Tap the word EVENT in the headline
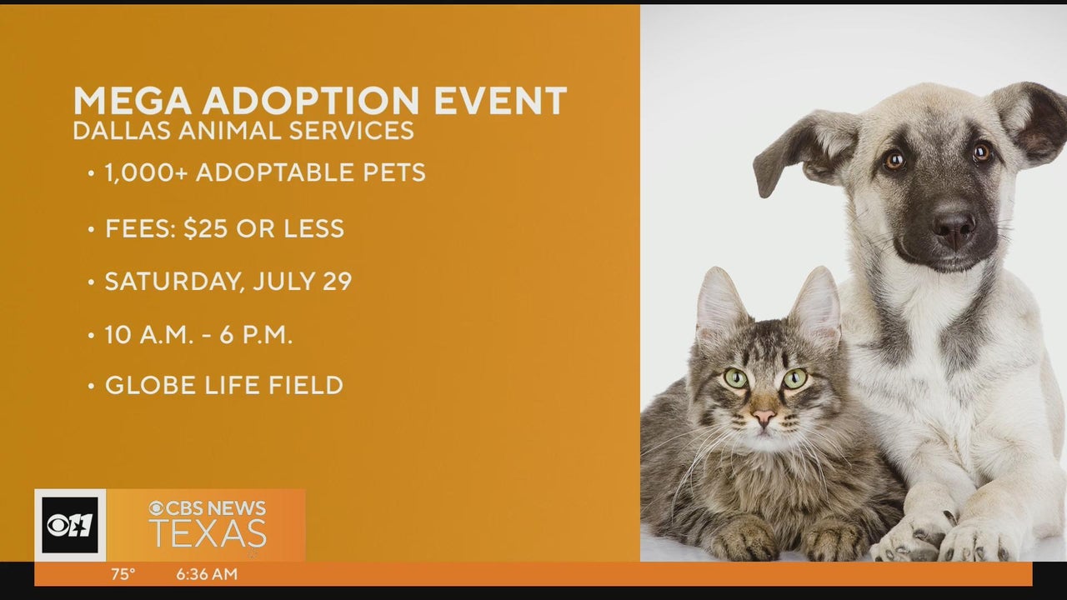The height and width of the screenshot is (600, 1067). coord(500,101)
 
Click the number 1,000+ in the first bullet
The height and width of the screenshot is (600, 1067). coord(146,172)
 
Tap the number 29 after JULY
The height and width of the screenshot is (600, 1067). coord(338,281)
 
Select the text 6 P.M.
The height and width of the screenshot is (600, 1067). coord(256,335)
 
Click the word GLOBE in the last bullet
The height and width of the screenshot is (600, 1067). coord(151,385)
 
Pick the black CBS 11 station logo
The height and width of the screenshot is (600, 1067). coord(70,525)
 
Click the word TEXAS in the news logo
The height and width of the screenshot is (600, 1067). coord(208,533)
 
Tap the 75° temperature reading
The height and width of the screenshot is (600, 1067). coord(123,574)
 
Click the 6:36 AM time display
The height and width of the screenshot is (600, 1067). coord(207,574)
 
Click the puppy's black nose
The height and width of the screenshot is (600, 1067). coord(954,228)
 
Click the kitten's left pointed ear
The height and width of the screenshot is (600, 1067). coord(720,300)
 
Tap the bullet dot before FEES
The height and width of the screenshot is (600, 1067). coord(91,229)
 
